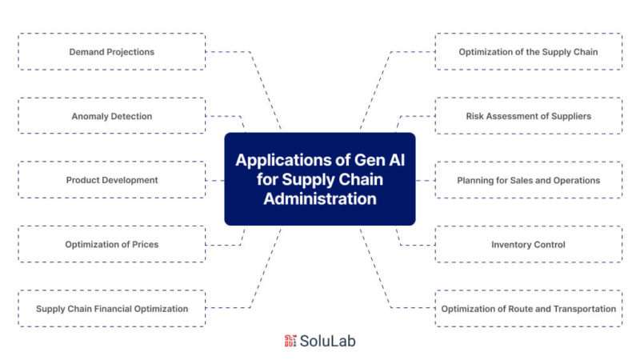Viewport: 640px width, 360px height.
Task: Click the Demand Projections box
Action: click(112, 52)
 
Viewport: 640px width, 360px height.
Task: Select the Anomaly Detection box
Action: click(112, 116)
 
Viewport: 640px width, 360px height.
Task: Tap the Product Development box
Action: click(112, 180)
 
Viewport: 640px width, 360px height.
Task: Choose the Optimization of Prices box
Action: click(112, 244)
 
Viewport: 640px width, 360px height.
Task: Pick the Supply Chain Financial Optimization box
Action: click(112, 309)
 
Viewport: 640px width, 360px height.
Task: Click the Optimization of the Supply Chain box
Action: click(529, 52)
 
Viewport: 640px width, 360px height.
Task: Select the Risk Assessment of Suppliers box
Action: click(529, 116)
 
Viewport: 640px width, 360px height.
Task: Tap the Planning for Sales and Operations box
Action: click(529, 180)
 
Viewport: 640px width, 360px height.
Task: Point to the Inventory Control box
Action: click(529, 244)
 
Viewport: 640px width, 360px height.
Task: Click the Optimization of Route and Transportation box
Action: click(529, 309)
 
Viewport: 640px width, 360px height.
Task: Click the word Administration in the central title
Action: click(320, 198)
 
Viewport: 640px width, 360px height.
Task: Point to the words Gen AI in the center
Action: click(379, 160)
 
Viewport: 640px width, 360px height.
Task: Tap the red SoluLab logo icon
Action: click(290, 341)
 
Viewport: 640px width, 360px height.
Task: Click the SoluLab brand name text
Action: click(327, 341)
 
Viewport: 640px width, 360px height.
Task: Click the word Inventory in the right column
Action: click(510, 245)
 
